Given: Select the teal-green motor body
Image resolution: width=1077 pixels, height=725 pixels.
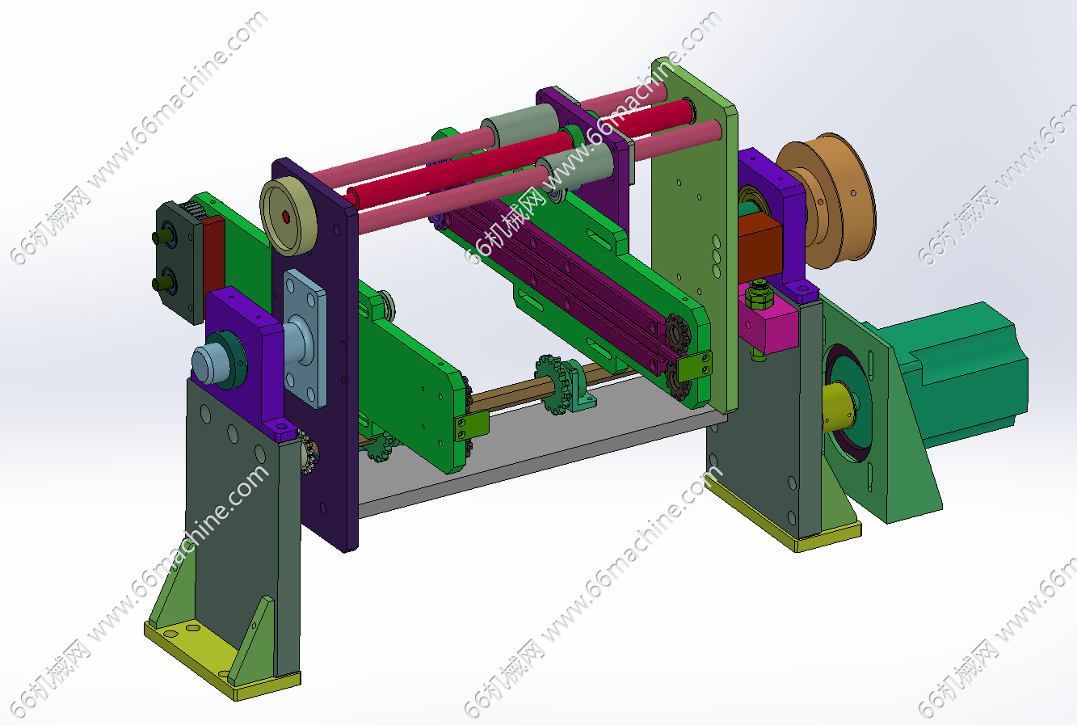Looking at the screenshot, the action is (957, 370).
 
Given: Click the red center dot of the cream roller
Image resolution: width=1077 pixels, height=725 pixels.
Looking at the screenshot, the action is (287, 217).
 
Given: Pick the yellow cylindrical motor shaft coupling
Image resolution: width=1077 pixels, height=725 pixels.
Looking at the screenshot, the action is (838, 407).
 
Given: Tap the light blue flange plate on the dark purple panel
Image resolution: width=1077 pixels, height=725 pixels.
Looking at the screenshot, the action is (305, 339).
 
